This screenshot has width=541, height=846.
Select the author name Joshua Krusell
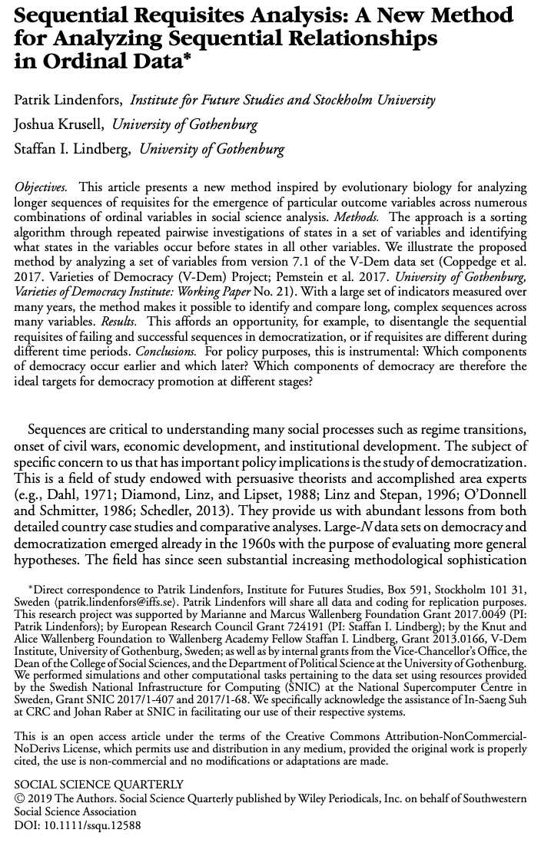pyautogui.click(x=61, y=124)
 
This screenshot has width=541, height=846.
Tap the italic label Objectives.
pyautogui.click(x=40, y=187)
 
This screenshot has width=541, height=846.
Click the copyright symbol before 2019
pyautogui.click(x=20, y=797)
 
